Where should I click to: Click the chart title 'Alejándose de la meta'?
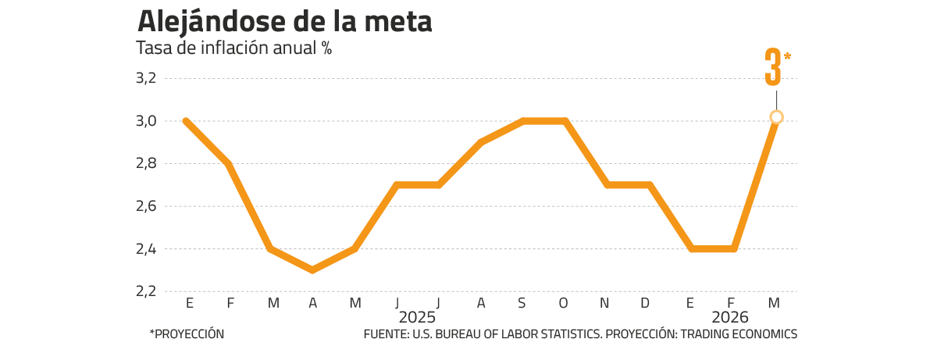(x=284, y=22)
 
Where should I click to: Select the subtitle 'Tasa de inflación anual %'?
(x=234, y=48)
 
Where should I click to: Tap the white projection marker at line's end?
(x=776, y=117)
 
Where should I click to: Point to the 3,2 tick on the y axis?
(x=147, y=78)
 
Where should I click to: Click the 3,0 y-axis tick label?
(x=147, y=121)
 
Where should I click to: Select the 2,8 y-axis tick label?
(x=147, y=163)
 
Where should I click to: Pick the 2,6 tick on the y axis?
(x=147, y=206)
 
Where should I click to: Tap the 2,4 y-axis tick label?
(x=147, y=249)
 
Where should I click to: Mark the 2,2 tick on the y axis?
(x=147, y=291)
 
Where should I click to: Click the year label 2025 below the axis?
(x=416, y=319)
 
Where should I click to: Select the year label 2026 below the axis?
(x=730, y=319)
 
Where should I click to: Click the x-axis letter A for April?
(x=312, y=303)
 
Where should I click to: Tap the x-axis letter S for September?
(x=522, y=303)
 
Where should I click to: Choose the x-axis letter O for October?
(x=564, y=303)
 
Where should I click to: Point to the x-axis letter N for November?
(x=606, y=303)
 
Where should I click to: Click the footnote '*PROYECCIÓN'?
(x=187, y=333)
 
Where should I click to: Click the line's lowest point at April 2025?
(x=312, y=270)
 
